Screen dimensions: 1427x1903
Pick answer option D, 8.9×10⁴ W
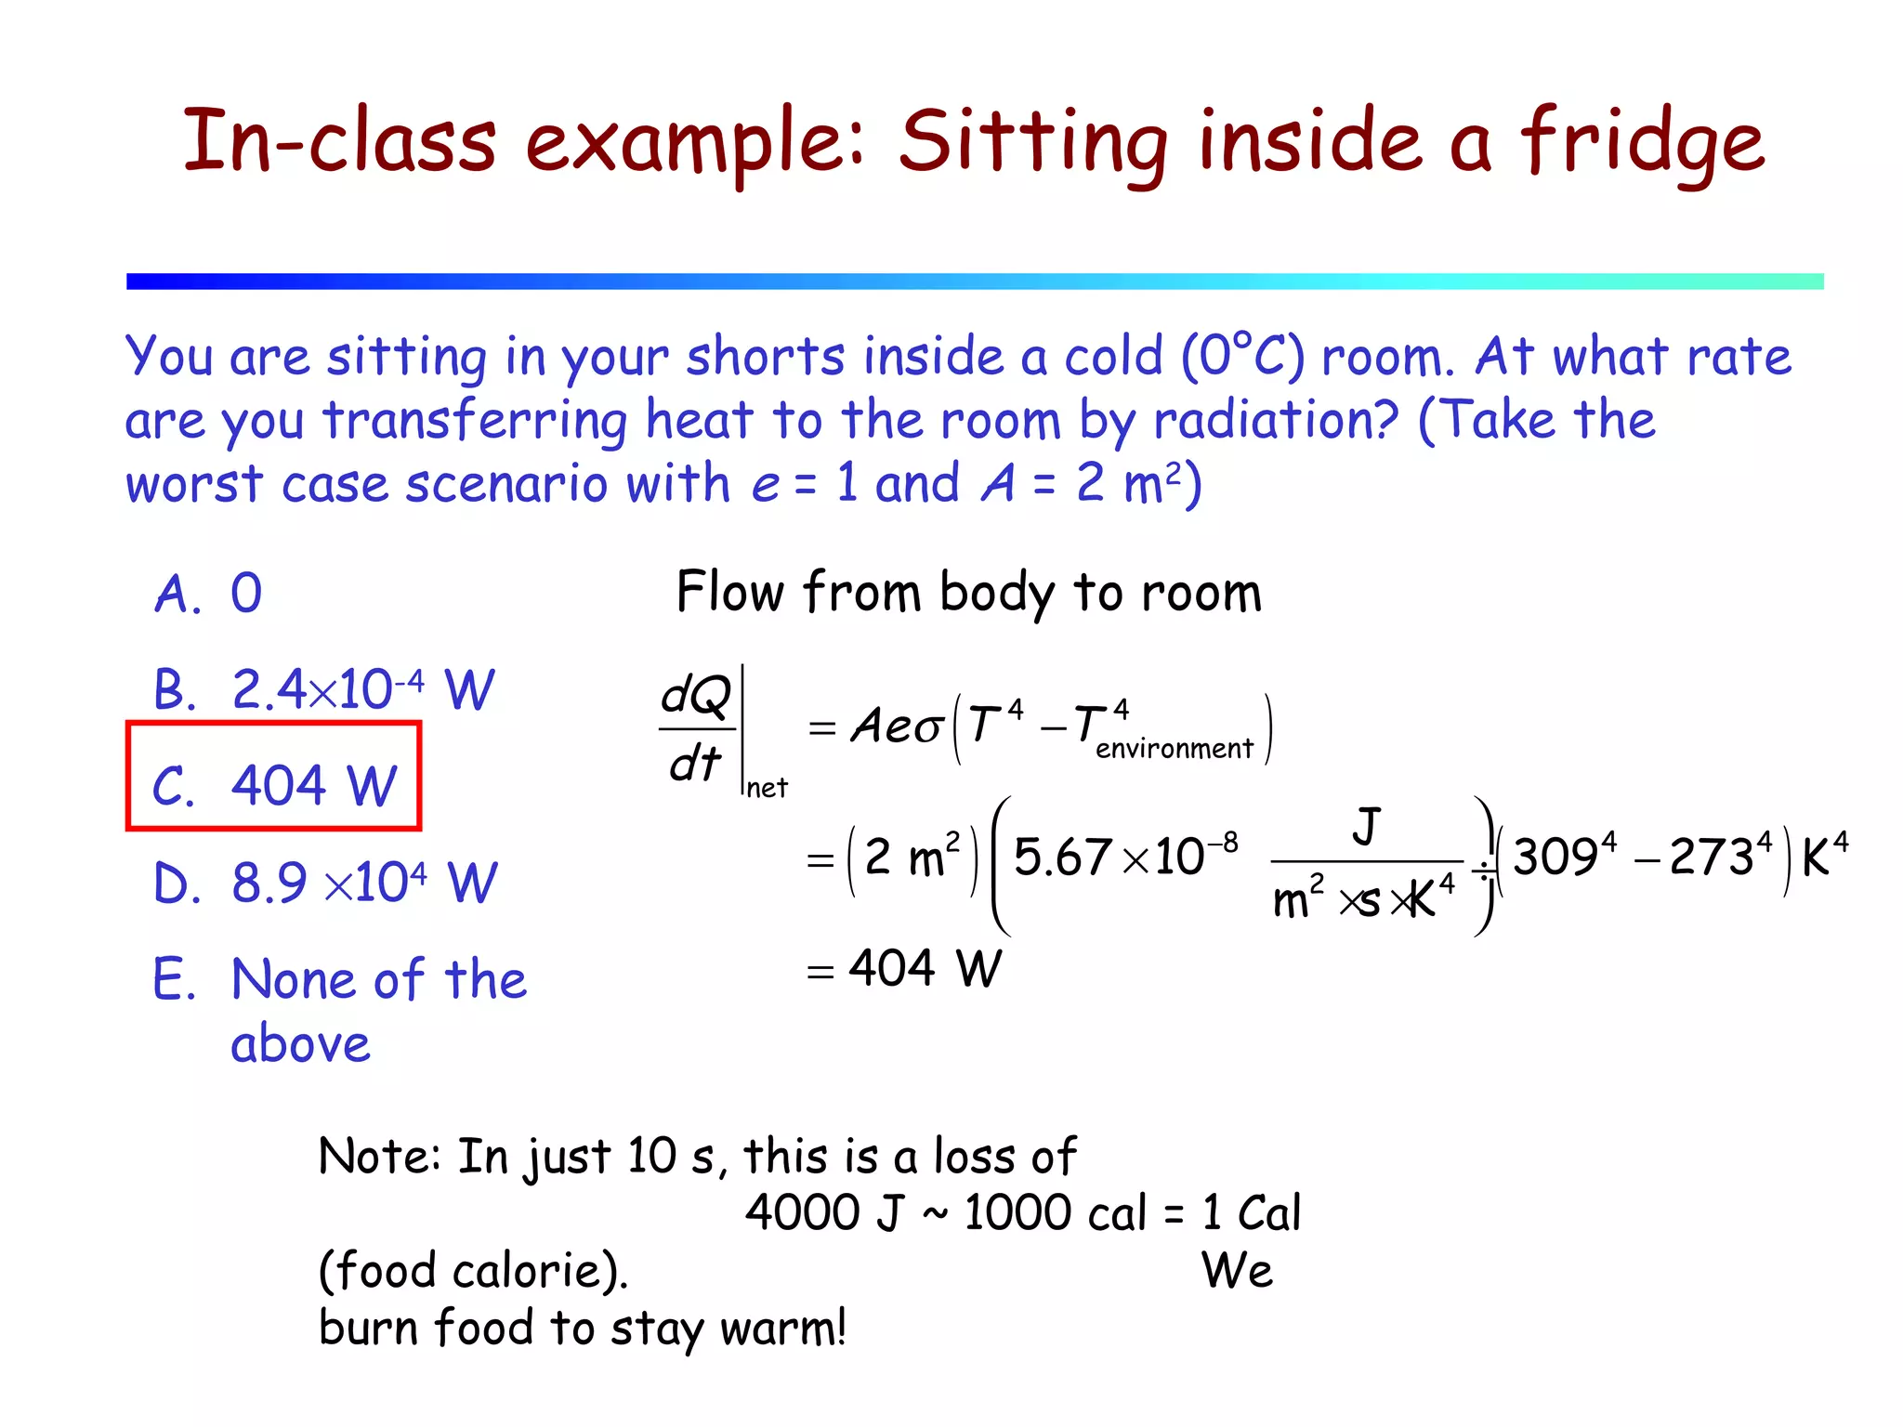325,883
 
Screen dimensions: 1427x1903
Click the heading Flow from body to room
968,593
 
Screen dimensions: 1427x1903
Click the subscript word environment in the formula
1174,749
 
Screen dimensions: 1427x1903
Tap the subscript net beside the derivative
767,789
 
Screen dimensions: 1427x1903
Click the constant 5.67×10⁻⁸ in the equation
1125,857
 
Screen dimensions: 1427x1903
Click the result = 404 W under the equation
906,969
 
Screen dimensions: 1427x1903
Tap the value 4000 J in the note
823,1212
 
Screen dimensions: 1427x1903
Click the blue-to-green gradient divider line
975,281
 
